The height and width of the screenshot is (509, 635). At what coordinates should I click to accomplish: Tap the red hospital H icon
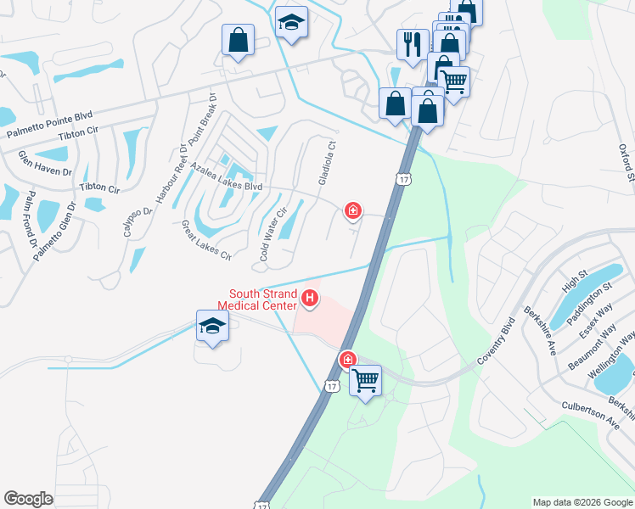311,299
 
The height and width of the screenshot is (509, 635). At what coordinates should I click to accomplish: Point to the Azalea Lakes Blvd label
227,177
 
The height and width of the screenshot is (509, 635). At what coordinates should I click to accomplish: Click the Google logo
29,499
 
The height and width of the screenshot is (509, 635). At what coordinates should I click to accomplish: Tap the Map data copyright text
582,502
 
